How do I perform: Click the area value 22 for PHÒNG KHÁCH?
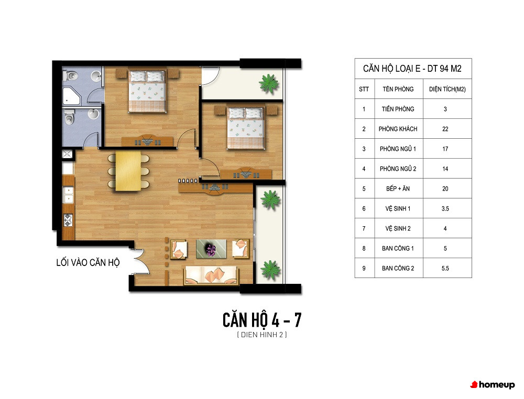[x=445, y=129]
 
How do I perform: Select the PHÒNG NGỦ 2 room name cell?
[x=398, y=169]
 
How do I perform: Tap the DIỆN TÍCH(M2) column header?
[x=447, y=89]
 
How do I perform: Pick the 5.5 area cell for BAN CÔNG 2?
[x=445, y=268]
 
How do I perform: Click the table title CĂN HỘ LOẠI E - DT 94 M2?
[x=412, y=69]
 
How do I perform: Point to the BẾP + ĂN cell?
[x=398, y=189]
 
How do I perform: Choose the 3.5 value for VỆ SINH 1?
[x=445, y=209]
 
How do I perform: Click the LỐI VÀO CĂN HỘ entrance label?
[x=88, y=263]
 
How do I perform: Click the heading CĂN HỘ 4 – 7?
[x=262, y=319]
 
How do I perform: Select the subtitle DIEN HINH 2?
[x=262, y=335]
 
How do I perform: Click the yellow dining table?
[x=128, y=171]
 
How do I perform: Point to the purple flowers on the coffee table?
[x=211, y=249]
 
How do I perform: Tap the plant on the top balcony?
[x=269, y=83]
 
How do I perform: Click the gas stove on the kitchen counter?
[x=68, y=220]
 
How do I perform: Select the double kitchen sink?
[x=68, y=195]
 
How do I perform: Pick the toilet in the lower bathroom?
[x=69, y=117]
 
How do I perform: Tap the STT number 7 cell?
[x=364, y=228]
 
